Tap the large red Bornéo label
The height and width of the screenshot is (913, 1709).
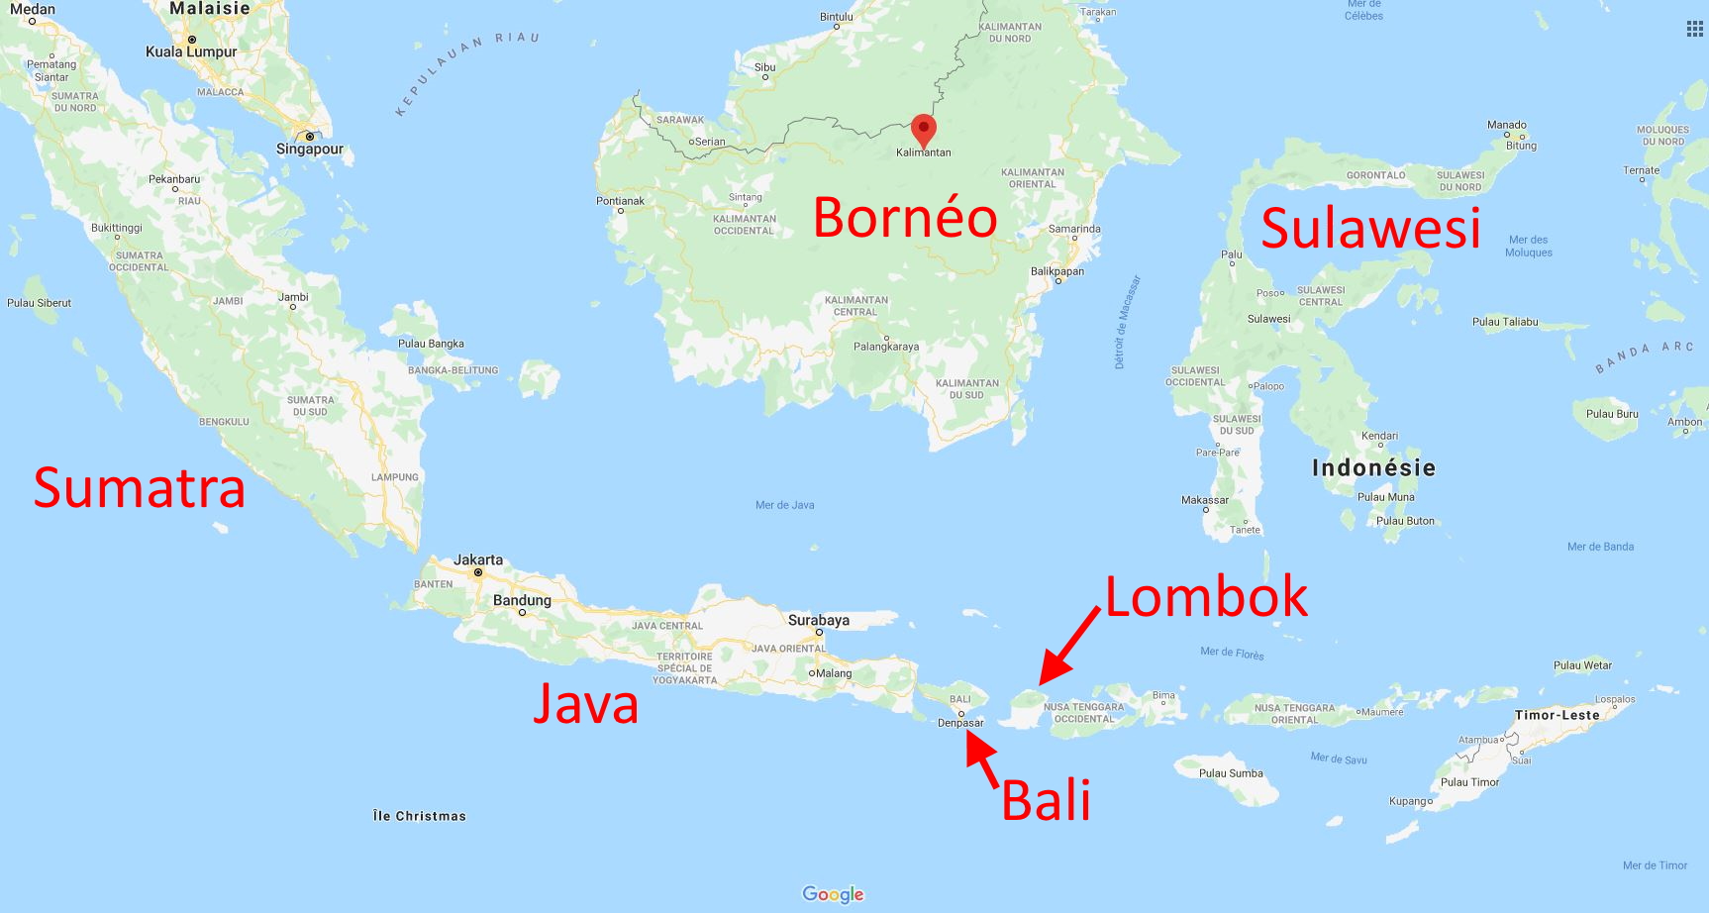(x=904, y=218)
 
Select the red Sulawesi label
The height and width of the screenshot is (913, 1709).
(x=1370, y=228)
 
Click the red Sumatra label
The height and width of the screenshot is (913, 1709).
(x=139, y=488)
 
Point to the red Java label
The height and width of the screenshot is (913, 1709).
(x=585, y=703)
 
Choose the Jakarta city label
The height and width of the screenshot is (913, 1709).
(x=478, y=559)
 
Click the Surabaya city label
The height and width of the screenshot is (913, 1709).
(x=818, y=620)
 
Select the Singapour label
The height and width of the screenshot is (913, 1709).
(x=310, y=149)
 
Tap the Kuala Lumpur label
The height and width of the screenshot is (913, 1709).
(x=191, y=51)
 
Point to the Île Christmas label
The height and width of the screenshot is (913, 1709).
(x=419, y=816)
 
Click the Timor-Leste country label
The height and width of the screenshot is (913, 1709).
(x=1557, y=715)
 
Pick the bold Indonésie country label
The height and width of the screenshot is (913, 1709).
(x=1373, y=467)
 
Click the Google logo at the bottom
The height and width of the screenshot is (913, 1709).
(x=833, y=894)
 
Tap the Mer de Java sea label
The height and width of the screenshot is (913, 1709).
(x=784, y=505)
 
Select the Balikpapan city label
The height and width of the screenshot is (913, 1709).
(x=1056, y=271)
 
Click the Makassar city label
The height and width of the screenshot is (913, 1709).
(x=1204, y=500)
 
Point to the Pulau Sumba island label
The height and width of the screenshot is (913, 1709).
(x=1231, y=773)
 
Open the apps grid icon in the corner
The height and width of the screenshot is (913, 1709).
(x=1694, y=29)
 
